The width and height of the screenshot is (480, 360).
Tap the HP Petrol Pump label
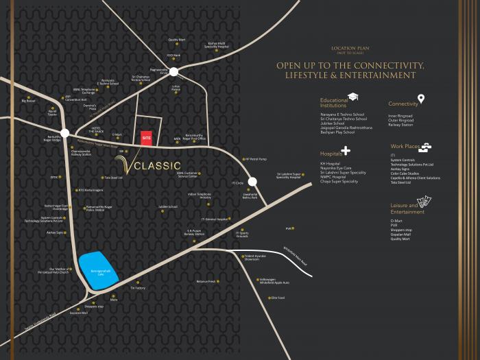tap(255, 159)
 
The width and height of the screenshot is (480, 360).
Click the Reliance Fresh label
tap(206, 281)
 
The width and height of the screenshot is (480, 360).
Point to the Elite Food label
tap(277, 298)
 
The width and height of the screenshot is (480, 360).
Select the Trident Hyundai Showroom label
tap(251, 258)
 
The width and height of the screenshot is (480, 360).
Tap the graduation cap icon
tap(353, 97)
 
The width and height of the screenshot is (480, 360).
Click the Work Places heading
tap(405, 147)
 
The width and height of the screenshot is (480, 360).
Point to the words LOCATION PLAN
tap(346, 49)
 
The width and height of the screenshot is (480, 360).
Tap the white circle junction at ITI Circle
tap(252, 182)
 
